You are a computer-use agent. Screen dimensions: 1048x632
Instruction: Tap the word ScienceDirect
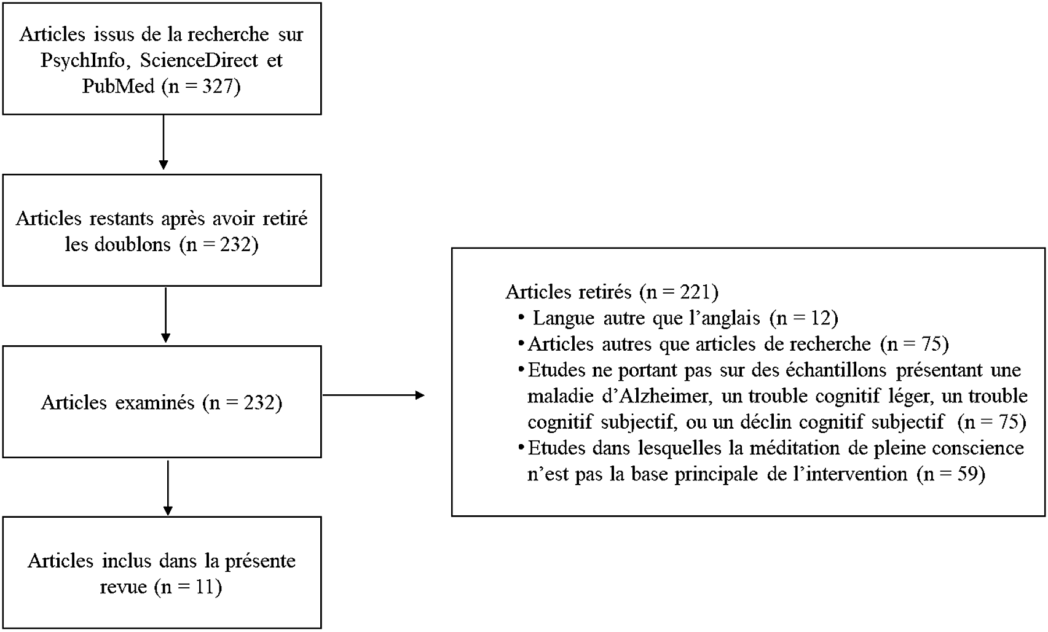199,60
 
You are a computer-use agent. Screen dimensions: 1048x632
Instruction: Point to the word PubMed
119,86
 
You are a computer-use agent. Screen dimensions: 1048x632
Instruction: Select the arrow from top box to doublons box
164,142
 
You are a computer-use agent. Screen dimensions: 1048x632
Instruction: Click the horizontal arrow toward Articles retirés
373,395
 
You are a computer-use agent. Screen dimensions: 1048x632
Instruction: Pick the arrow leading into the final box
167,487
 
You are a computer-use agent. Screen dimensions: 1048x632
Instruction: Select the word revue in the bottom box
124,587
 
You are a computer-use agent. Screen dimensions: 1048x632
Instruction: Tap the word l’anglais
724,318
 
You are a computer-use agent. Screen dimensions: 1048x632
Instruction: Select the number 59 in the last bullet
966,474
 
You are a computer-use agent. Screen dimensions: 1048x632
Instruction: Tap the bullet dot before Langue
521,318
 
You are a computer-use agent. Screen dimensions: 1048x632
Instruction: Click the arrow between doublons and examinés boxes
165,314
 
